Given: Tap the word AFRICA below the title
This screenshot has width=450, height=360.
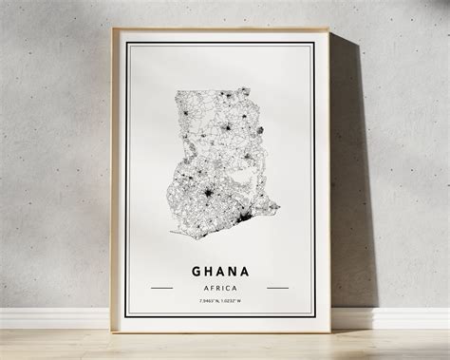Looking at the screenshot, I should click(220, 286).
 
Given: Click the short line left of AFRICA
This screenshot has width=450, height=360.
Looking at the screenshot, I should click(162, 287).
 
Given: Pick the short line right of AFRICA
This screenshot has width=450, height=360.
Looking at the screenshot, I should click(278, 287).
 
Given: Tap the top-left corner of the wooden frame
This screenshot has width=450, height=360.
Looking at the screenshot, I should click(113, 28).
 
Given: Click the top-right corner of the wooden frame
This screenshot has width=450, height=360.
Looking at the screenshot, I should click(328, 28).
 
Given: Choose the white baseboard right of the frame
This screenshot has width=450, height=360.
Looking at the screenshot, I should click(399, 317).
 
